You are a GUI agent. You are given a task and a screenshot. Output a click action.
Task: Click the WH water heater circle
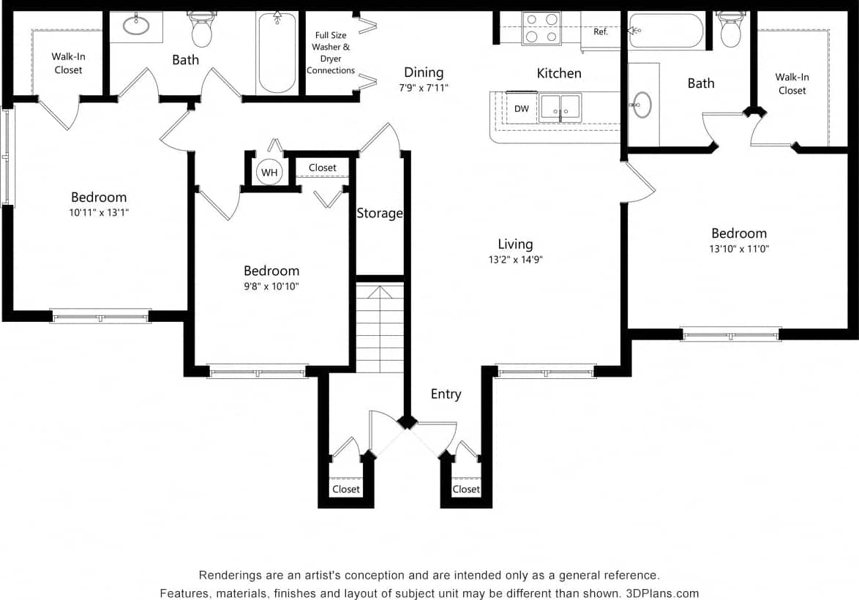click(x=269, y=173)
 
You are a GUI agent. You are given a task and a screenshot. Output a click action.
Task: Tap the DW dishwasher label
click(x=521, y=109)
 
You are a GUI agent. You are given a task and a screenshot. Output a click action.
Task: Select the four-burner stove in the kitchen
click(x=541, y=29)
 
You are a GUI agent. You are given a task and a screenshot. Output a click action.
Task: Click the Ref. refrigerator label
click(x=600, y=32)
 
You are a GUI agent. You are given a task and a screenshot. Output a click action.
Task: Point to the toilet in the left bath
click(x=201, y=30)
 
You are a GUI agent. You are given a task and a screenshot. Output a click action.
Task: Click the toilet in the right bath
click(x=730, y=29)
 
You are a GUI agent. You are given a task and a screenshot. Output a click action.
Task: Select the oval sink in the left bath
click(x=136, y=26)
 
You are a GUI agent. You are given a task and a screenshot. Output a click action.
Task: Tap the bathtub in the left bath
click(x=277, y=53)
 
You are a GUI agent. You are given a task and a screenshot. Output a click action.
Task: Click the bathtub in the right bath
click(x=666, y=31)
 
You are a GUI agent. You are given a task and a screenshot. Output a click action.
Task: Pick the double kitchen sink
click(x=560, y=108)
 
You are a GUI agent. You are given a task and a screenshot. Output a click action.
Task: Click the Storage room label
click(x=380, y=213)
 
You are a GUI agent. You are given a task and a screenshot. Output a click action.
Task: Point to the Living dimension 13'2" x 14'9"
click(x=515, y=259)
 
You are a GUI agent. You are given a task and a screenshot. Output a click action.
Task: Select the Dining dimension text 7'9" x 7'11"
click(x=424, y=87)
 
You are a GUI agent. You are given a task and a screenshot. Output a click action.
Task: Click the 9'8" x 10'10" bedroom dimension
click(x=271, y=286)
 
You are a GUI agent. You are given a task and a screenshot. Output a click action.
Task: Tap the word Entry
click(x=446, y=394)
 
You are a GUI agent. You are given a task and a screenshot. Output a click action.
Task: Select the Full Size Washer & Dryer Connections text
click(x=331, y=53)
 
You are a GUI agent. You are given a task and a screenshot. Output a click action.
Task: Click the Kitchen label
click(x=559, y=73)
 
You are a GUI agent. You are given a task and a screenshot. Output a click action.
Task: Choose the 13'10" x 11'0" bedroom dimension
click(x=739, y=249)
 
